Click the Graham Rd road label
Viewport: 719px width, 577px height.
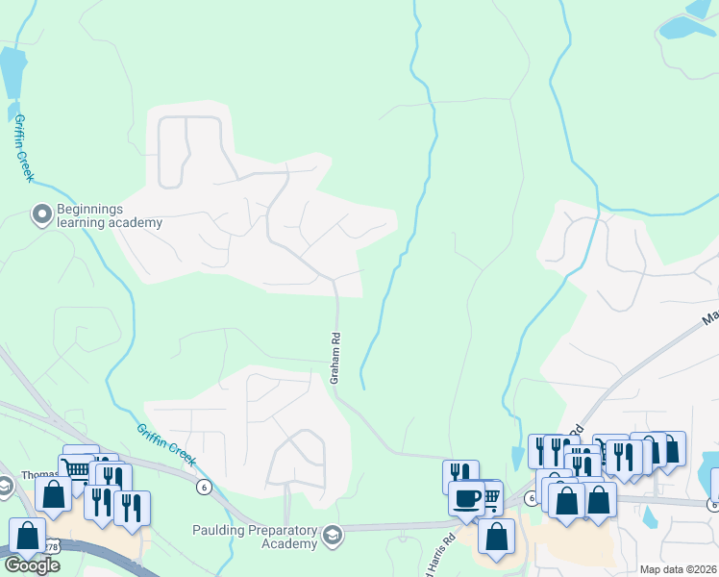click(335, 359)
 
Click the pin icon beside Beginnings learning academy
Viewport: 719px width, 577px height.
click(41, 213)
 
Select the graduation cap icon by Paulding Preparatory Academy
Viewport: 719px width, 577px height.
click(333, 535)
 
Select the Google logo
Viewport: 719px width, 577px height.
click(31, 565)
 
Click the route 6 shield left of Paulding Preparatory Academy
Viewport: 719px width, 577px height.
click(204, 488)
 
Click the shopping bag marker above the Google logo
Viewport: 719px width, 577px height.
click(27, 537)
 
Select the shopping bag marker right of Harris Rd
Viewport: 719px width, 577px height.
click(496, 539)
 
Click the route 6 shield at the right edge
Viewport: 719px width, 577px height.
click(712, 504)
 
